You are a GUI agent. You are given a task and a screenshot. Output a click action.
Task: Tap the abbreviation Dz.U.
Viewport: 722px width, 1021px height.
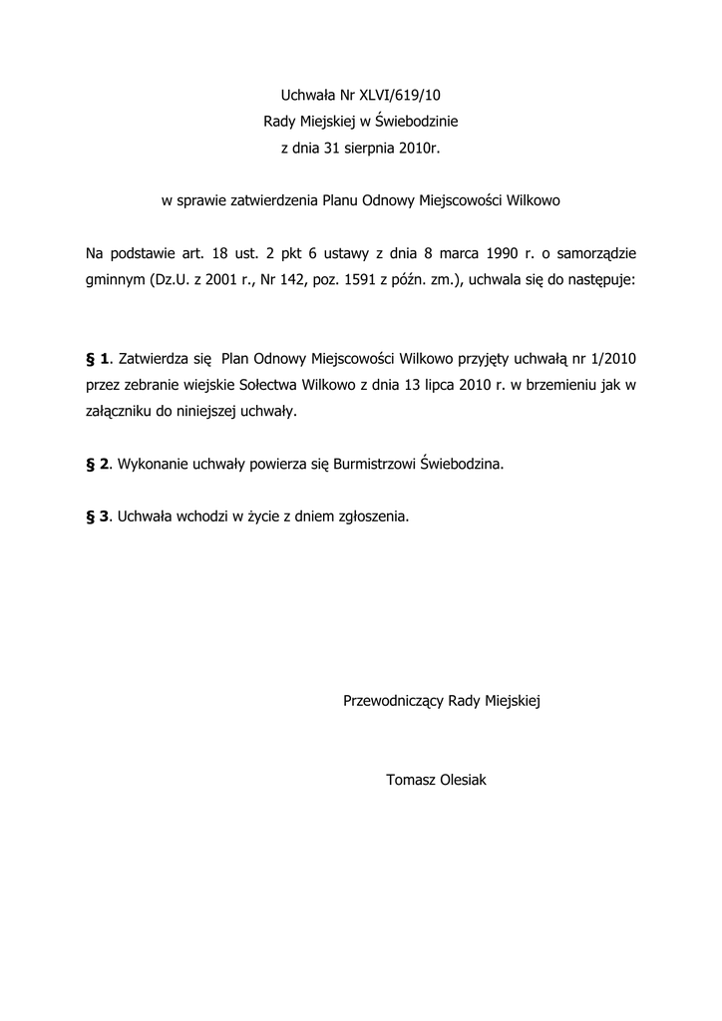tap(173, 280)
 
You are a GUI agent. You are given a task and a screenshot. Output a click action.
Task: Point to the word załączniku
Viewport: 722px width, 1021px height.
tap(119, 411)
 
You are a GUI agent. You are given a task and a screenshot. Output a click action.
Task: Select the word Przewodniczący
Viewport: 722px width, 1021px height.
tap(394, 701)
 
